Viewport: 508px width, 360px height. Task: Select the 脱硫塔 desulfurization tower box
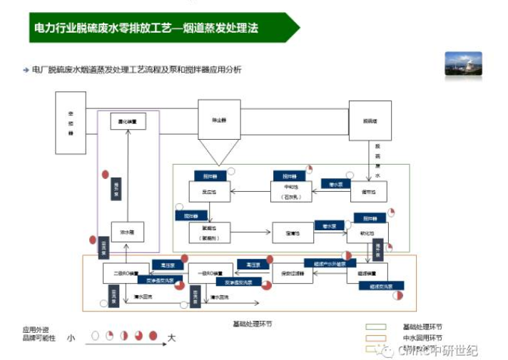369,121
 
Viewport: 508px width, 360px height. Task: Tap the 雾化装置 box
128,122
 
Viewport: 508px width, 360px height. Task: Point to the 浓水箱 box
128,231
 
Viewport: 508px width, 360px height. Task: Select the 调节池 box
368,190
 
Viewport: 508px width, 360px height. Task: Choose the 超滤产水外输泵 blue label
326,262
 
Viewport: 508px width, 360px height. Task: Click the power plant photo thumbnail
463,63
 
